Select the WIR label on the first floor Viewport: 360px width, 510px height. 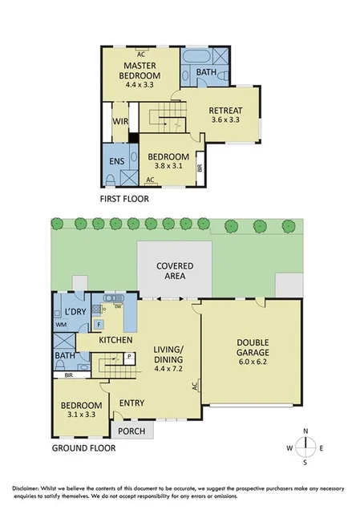[121, 122]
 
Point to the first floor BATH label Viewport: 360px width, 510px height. [207, 72]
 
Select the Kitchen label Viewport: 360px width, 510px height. [115, 340]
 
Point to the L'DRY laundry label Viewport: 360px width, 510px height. [75, 311]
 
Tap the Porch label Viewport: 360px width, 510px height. [129, 431]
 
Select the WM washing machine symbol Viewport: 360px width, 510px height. [60, 325]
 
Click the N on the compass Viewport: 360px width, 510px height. [305, 432]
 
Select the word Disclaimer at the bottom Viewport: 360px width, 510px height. [28, 488]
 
